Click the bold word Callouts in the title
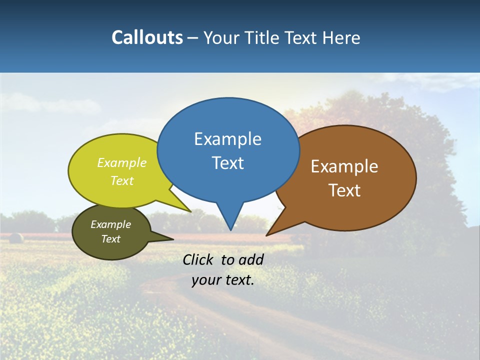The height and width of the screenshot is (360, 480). (x=147, y=37)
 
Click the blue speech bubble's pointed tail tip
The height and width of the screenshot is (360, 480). (x=230, y=229)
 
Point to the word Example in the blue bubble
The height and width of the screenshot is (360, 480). (x=227, y=139)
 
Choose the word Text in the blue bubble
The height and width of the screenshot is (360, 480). (x=227, y=163)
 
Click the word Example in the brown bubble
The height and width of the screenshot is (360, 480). (x=344, y=166)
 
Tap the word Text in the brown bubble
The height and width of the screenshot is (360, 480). (x=344, y=190)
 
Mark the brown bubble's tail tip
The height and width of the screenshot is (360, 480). (x=267, y=235)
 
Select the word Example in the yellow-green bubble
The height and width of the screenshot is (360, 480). (x=122, y=163)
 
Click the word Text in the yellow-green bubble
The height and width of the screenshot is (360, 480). (x=122, y=181)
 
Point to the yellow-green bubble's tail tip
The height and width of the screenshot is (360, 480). (x=190, y=211)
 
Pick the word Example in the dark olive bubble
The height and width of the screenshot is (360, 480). (x=110, y=224)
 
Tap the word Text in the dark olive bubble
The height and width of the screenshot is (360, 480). (x=110, y=239)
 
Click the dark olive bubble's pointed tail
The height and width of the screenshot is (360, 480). (x=172, y=239)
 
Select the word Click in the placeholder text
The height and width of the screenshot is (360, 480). (x=199, y=259)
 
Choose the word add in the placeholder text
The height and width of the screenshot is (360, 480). (x=250, y=259)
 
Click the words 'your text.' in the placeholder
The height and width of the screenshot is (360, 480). (x=223, y=280)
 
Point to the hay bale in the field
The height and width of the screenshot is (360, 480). (x=16, y=238)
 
